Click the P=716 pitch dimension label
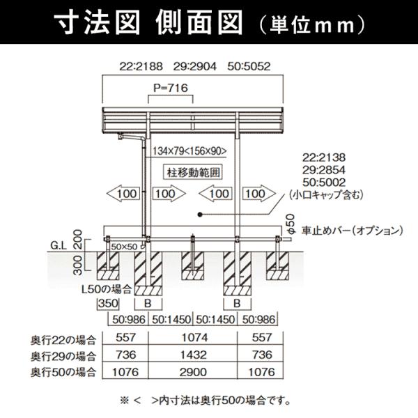click(171, 88)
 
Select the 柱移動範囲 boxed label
click(193, 172)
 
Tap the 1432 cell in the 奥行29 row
click(193, 355)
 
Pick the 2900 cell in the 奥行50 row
click(193, 372)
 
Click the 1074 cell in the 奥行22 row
click(194, 338)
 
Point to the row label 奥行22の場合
click(63, 340)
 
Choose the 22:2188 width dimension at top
click(141, 66)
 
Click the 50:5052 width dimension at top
click(249, 66)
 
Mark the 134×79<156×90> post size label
click(189, 151)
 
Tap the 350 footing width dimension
click(108, 303)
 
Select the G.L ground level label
click(59, 245)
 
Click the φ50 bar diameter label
click(291, 224)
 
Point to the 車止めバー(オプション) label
click(353, 231)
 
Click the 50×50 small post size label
click(124, 247)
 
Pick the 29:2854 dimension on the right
click(324, 170)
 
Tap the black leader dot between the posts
click(200, 215)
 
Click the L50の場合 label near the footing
click(107, 289)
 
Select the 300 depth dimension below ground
click(77, 265)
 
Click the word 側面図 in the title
click(199, 22)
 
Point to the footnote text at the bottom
click(205, 401)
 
